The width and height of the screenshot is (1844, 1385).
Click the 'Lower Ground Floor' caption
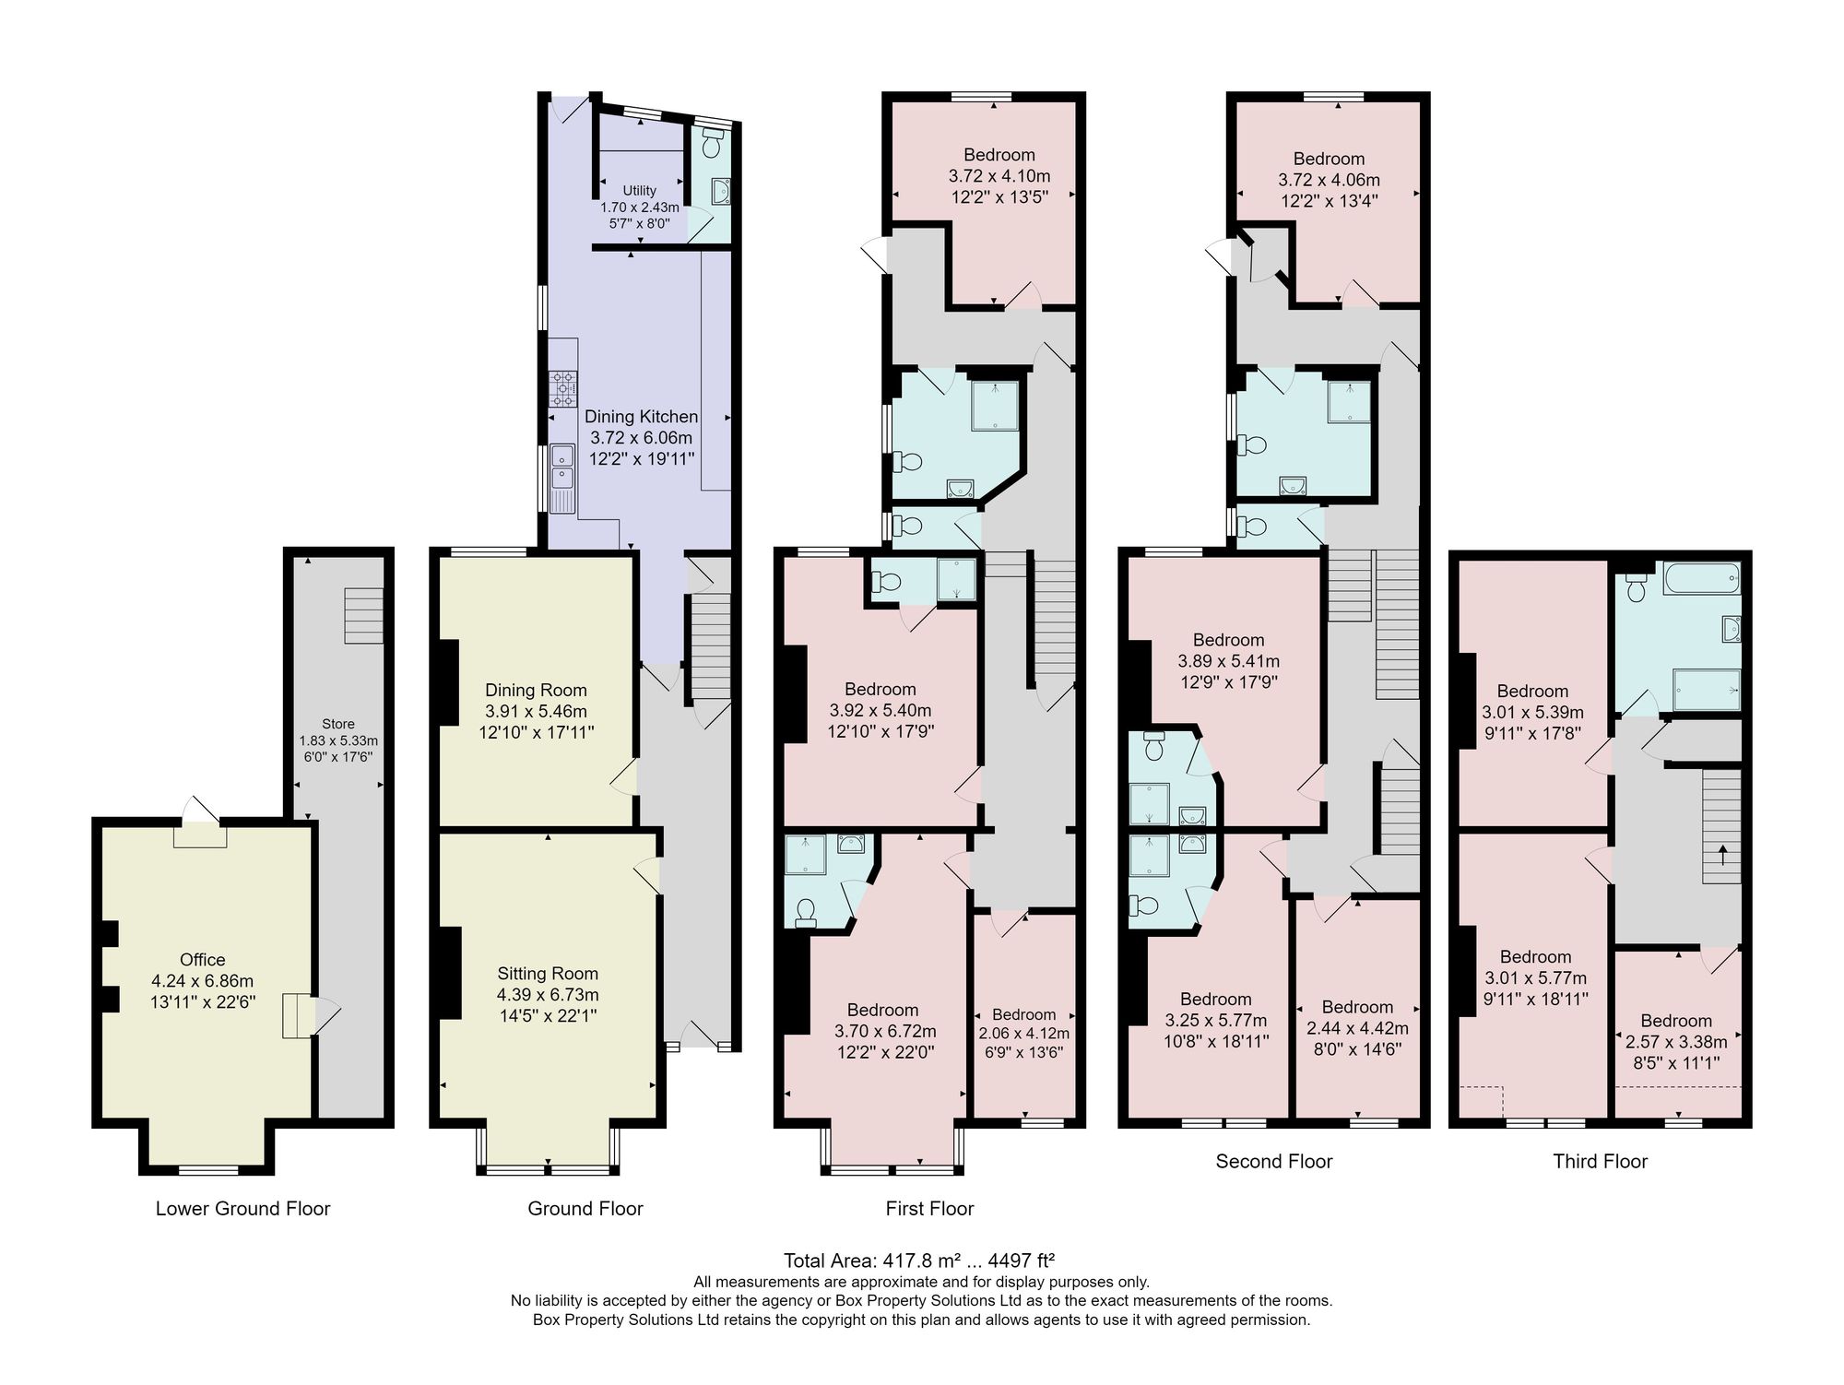242,1209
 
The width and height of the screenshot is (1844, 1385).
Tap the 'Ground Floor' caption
585,1209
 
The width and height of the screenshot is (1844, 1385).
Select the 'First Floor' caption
929,1209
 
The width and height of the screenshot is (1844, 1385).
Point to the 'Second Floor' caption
1274,1162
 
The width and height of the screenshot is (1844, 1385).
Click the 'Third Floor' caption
1600,1162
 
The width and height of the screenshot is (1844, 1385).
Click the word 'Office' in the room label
203,960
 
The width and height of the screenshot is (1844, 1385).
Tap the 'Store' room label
338,724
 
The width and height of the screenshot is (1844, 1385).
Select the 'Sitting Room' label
548,974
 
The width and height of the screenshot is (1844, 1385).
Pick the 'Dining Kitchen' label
641,417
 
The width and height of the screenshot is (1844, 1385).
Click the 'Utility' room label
640,191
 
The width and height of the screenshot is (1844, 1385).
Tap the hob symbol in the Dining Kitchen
563,388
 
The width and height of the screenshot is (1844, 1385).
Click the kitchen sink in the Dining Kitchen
562,479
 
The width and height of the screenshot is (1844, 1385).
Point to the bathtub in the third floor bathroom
1701,578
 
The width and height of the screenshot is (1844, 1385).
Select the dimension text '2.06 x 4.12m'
1024,1034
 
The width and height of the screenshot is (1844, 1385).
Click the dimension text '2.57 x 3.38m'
1676,1042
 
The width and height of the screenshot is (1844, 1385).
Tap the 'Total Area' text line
919,1261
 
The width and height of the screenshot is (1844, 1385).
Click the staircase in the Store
363,615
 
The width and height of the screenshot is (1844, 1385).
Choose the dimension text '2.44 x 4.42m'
1357,1028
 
